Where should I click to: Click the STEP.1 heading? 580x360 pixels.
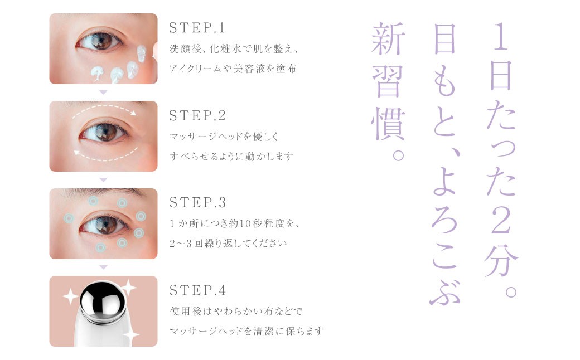click(197, 28)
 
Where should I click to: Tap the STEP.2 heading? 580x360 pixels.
click(197, 116)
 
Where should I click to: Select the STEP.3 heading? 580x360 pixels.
click(197, 202)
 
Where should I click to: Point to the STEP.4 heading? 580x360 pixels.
click(197, 290)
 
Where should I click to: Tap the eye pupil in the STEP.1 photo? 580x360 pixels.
click(100, 41)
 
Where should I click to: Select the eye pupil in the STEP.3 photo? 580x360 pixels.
click(105, 224)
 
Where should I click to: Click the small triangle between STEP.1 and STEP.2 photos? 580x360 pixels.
click(104, 93)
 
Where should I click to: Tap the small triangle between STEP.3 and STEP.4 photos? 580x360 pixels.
click(104, 267)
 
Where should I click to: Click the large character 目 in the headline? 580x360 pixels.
click(444, 39)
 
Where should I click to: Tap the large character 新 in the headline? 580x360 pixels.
click(388, 38)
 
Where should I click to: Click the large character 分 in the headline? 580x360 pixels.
click(501, 261)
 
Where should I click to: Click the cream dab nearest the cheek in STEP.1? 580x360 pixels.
click(142, 53)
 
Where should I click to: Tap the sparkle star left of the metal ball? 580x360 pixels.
click(70, 296)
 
